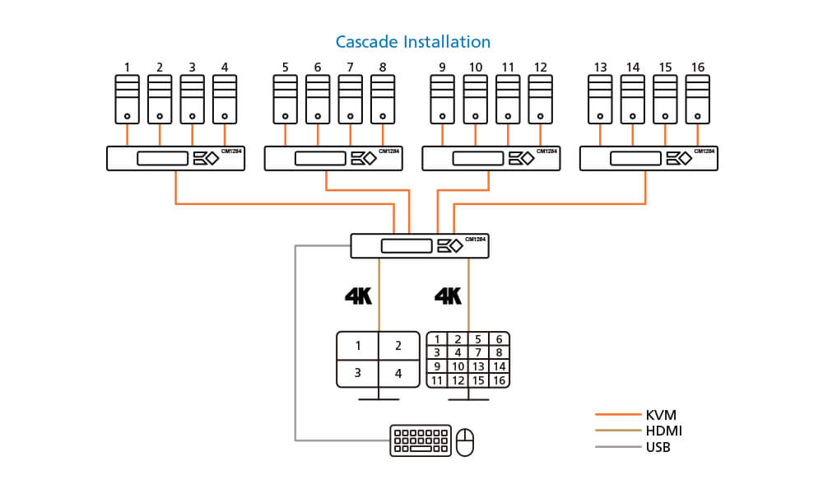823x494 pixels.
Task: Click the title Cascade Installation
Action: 412,41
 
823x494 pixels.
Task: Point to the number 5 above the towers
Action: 285,67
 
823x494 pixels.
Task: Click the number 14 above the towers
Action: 633,67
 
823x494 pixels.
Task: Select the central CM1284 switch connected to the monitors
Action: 419,245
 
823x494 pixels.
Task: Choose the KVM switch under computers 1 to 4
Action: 176,158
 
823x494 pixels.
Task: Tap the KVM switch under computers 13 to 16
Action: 649,158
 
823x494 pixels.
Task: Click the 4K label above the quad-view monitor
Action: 359,296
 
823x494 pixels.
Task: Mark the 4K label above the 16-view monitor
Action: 448,296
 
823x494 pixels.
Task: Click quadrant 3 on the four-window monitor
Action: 358,373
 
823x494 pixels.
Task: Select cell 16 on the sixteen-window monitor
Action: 499,380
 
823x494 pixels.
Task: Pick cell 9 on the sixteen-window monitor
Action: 438,366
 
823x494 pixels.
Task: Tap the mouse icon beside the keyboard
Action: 466,442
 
